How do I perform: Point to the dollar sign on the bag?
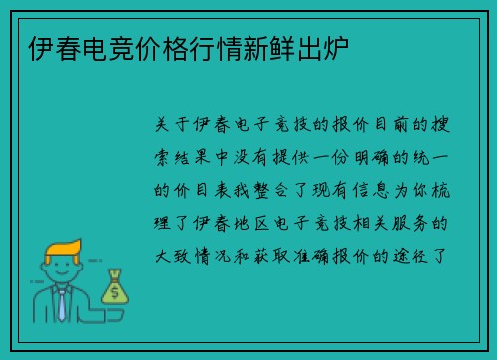115,292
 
